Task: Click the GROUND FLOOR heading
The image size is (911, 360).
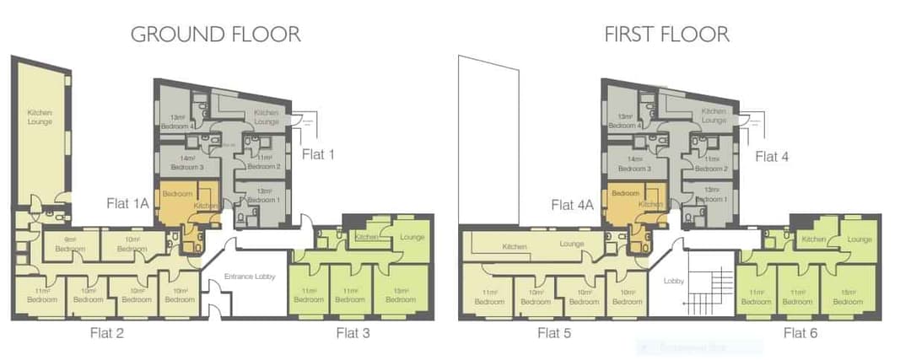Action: (215, 35)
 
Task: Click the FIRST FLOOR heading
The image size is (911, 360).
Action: (666, 35)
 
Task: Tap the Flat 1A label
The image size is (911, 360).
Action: (128, 203)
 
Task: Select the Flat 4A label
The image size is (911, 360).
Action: (574, 204)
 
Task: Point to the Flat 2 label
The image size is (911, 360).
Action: (107, 332)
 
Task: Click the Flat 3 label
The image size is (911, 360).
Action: (353, 332)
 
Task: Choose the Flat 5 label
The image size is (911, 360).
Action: (554, 332)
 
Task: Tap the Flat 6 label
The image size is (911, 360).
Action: (800, 332)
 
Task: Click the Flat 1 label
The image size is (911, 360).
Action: (319, 155)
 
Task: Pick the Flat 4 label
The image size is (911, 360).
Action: (772, 156)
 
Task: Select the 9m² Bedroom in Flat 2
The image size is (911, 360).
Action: (70, 245)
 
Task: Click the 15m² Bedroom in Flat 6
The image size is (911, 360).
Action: (848, 297)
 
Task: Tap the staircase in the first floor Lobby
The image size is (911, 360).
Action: (706, 287)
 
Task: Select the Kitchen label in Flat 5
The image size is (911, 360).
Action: (515, 247)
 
